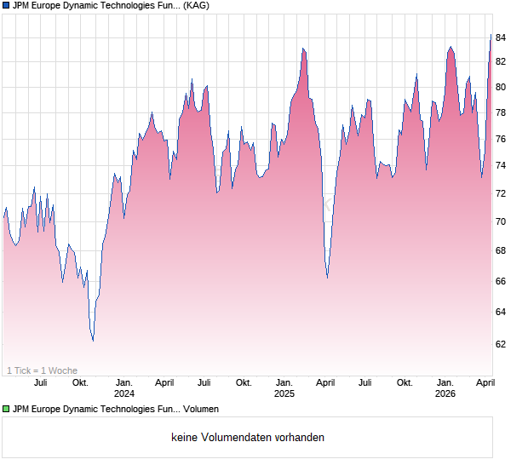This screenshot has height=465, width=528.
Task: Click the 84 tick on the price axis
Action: [502, 37]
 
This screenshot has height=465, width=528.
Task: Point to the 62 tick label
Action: [502, 344]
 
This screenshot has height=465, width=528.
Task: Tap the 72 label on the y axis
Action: [502, 193]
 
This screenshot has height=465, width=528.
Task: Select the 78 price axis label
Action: [502, 112]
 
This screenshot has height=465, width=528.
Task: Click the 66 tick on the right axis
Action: [502, 281]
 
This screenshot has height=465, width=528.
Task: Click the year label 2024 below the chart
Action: [124, 393]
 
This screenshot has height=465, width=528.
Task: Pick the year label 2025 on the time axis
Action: [284, 393]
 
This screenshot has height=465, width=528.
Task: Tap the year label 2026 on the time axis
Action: [445, 393]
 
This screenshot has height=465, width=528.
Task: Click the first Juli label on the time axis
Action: [40, 382]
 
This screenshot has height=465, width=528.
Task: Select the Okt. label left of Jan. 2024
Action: [80, 382]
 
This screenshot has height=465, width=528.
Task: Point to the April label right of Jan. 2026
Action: [485, 382]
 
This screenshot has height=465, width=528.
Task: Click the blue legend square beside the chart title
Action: [6, 6]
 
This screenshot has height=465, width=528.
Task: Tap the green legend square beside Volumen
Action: [6, 410]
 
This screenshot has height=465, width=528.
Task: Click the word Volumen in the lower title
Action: [200, 410]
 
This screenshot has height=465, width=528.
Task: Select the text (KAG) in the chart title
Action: [197, 6]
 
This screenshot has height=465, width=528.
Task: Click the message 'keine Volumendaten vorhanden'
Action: [248, 438]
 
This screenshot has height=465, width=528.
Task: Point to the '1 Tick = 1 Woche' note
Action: [42, 370]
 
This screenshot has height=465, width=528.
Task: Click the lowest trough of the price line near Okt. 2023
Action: [93, 341]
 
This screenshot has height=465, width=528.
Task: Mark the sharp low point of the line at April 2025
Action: [328, 277]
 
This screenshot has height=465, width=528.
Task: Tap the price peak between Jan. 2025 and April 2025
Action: [302, 49]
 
